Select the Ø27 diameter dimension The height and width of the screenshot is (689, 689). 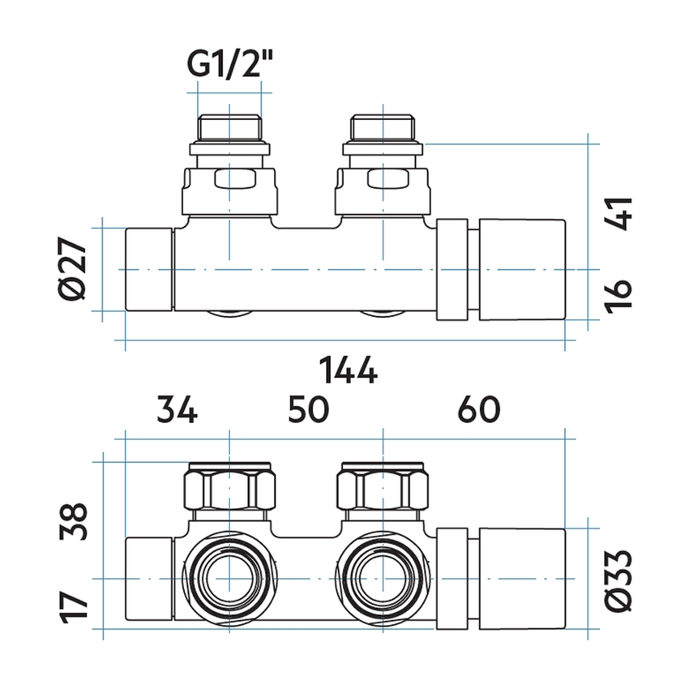74,268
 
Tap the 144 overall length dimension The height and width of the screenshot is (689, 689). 348,371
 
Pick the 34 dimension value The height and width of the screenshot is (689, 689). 177,410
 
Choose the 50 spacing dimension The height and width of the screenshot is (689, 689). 309,410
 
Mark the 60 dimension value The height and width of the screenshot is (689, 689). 478,410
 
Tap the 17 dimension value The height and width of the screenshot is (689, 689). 74,604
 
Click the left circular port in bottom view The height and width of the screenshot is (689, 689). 230,579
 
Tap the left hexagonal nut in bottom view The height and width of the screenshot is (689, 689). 230,489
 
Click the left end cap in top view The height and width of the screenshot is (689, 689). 149,269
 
